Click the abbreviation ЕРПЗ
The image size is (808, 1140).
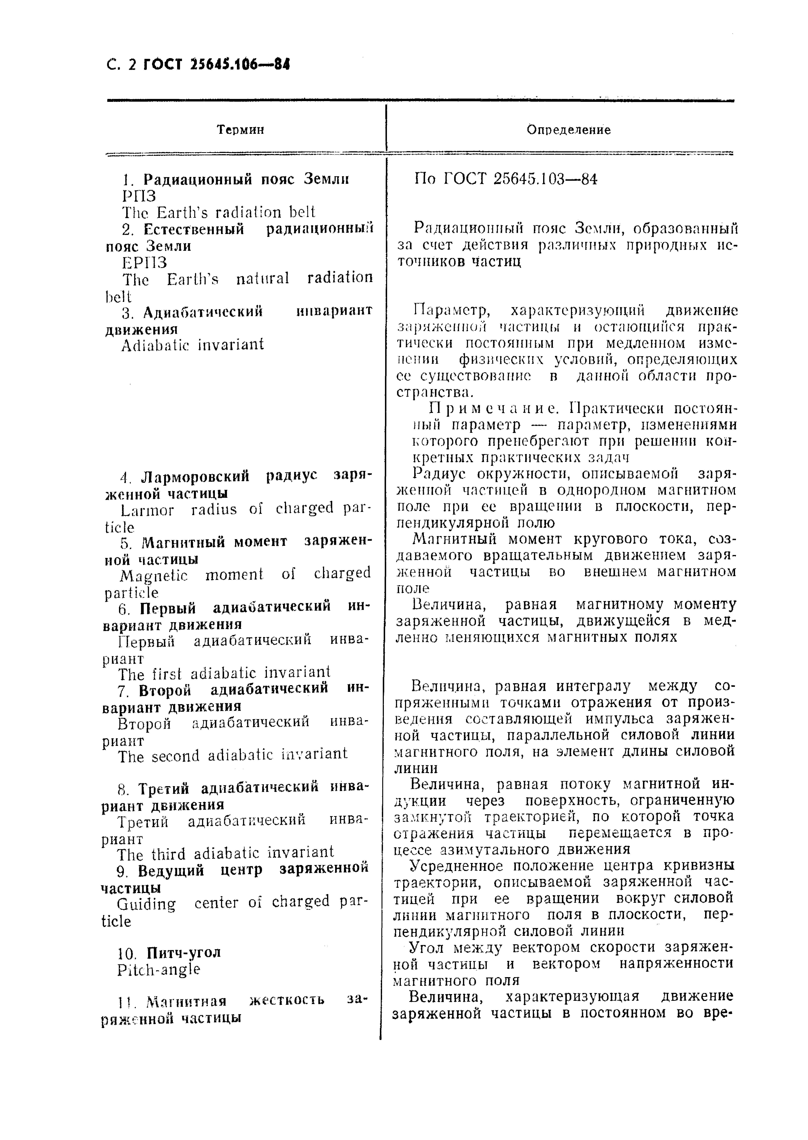[x=144, y=262]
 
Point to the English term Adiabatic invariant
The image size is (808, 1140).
[x=192, y=345]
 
